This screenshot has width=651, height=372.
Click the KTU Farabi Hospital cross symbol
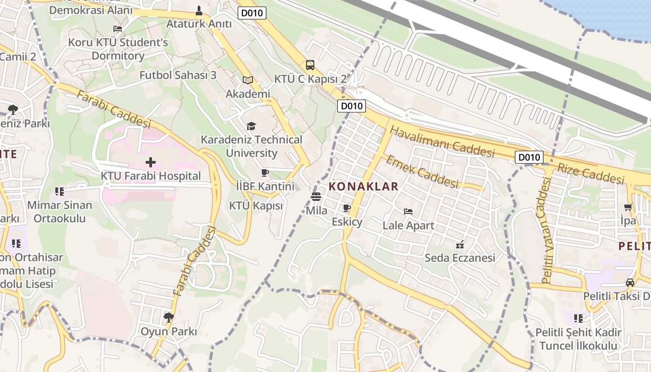(x=150, y=162)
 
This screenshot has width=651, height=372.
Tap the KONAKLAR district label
(x=364, y=187)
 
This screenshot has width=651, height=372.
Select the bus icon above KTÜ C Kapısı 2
(x=310, y=65)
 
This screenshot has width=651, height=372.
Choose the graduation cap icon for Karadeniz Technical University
(x=251, y=126)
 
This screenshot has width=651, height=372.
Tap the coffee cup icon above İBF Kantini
(x=265, y=173)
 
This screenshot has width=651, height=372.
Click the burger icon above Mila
(x=316, y=197)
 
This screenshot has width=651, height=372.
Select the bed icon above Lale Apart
(x=408, y=212)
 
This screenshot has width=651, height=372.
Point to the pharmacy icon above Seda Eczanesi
(x=460, y=244)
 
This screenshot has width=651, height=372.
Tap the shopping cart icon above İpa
(x=628, y=207)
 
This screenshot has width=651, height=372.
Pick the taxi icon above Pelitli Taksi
(x=630, y=282)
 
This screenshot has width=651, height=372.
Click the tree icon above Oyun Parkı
(x=168, y=318)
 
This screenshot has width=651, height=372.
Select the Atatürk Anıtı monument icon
(x=199, y=10)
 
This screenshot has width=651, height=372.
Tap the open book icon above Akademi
(x=248, y=80)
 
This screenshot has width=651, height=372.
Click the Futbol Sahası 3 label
(x=178, y=75)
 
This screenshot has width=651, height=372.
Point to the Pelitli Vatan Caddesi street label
(x=547, y=230)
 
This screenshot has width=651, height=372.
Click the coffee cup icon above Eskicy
(x=346, y=208)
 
